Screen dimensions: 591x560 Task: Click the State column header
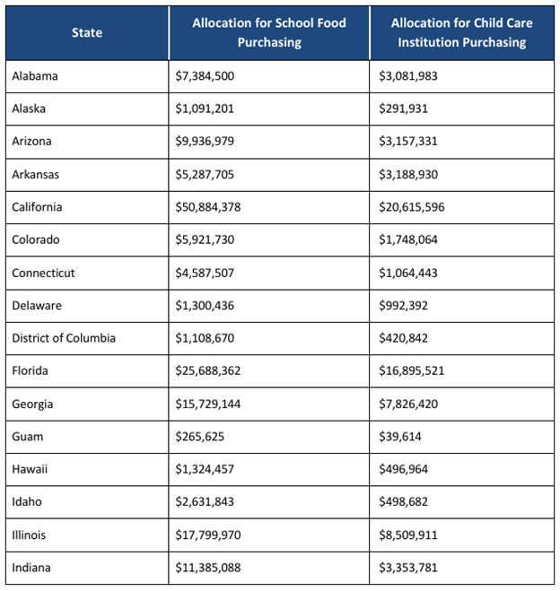click(x=87, y=33)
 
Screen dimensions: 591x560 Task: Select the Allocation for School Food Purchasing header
click(x=268, y=32)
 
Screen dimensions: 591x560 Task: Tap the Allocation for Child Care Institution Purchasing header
click(x=460, y=32)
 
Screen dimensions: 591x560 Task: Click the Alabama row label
click(x=35, y=76)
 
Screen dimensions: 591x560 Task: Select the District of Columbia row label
click(x=64, y=338)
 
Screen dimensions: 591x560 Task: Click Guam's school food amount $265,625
click(x=200, y=437)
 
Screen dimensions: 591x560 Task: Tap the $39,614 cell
click(x=399, y=437)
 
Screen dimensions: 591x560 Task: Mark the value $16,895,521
click(x=412, y=371)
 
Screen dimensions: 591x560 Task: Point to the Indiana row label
click(x=31, y=568)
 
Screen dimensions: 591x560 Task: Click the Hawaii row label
click(x=30, y=470)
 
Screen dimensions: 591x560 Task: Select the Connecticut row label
click(x=43, y=273)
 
